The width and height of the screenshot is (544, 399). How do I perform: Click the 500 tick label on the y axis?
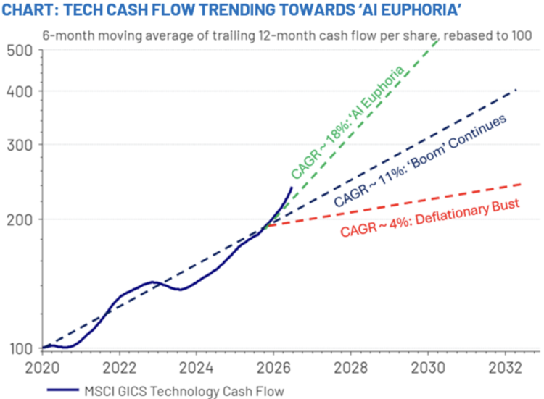pyautogui.click(x=20, y=51)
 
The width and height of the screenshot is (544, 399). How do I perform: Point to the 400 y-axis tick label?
pyautogui.click(x=20, y=91)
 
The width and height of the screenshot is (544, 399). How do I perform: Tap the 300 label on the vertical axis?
pyautogui.click(x=20, y=145)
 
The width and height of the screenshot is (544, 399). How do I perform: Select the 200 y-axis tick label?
pyautogui.click(x=20, y=219)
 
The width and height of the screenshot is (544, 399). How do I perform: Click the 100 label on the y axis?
pyautogui.click(x=21, y=348)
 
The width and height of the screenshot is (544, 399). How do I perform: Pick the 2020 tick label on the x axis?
pyautogui.click(x=42, y=368)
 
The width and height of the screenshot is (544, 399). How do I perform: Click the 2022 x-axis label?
pyautogui.click(x=120, y=368)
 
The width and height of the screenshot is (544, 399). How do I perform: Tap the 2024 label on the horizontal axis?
pyautogui.click(x=197, y=368)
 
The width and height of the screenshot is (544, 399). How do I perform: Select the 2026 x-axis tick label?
pyautogui.click(x=273, y=368)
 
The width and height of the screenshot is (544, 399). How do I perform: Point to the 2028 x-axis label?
pyautogui.click(x=350, y=368)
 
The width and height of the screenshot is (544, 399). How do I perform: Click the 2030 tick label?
pyautogui.click(x=428, y=368)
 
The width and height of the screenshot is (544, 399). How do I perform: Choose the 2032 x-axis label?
pyautogui.click(x=505, y=368)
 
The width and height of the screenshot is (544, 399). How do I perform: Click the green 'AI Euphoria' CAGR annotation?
pyautogui.click(x=347, y=122)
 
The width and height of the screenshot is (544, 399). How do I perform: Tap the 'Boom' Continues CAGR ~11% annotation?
pyautogui.click(x=420, y=160)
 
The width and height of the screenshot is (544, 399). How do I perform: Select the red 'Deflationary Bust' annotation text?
pyautogui.click(x=430, y=218)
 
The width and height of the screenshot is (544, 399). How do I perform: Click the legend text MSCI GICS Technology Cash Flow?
pyautogui.click(x=184, y=391)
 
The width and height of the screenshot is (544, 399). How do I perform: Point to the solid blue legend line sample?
pyautogui.click(x=63, y=390)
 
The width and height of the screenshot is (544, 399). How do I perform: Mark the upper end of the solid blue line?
pyautogui.click(x=292, y=188)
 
